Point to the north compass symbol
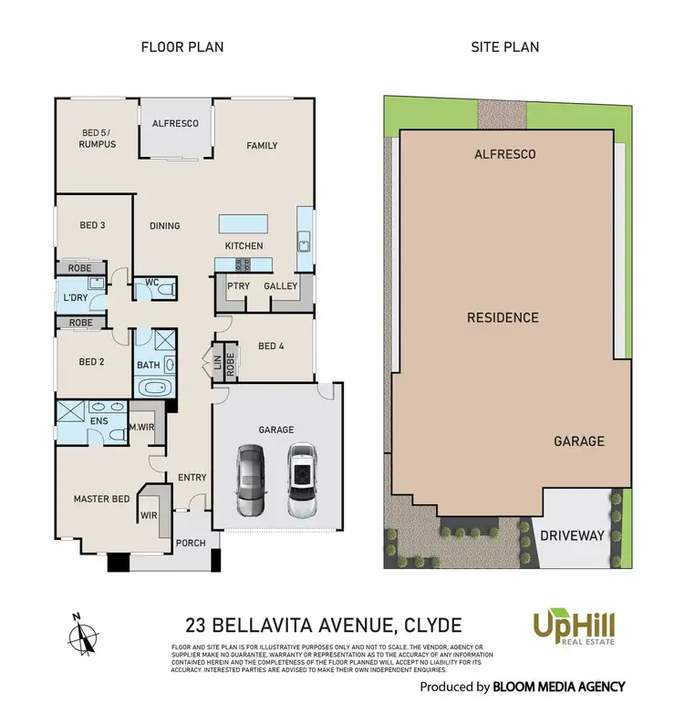(x=84, y=632)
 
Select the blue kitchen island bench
(x=243, y=223)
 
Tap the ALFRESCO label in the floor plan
(x=175, y=123)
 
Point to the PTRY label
(x=240, y=286)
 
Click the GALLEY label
(x=281, y=286)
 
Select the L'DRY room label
(x=74, y=297)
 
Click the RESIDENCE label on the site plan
(x=503, y=318)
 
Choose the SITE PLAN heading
(x=503, y=47)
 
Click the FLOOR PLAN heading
(x=181, y=47)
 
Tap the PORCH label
(x=191, y=543)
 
